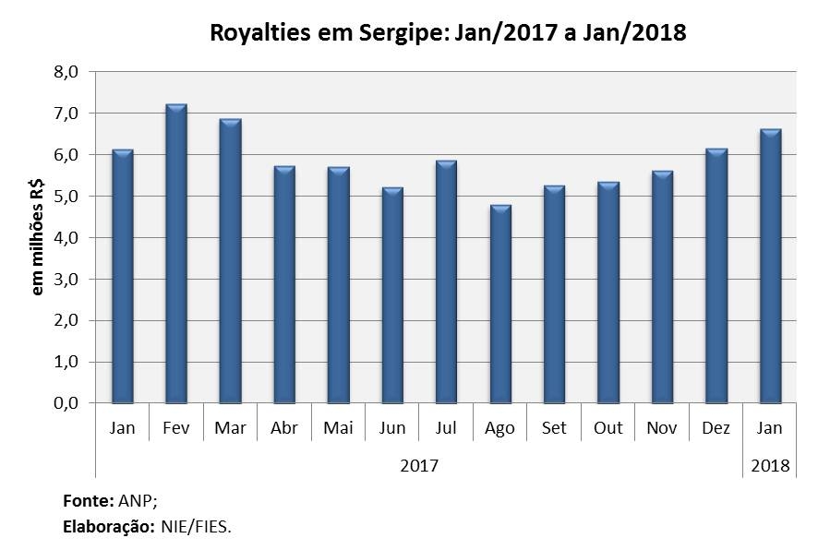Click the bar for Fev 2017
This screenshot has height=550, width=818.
[x=175, y=255]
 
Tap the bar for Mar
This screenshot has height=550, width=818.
[x=230, y=262]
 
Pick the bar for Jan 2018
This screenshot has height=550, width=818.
[x=770, y=267]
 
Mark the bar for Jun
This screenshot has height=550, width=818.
[x=391, y=296]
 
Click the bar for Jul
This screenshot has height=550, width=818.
[x=446, y=282]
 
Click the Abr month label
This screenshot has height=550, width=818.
[x=283, y=429]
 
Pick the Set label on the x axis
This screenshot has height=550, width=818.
[x=554, y=429]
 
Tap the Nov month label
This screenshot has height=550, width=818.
[x=662, y=429]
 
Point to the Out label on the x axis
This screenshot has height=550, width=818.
[x=607, y=429]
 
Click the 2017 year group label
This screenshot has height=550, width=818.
[x=419, y=465]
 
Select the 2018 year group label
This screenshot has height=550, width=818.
[x=770, y=465]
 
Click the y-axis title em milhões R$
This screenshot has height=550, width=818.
[x=39, y=237]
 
